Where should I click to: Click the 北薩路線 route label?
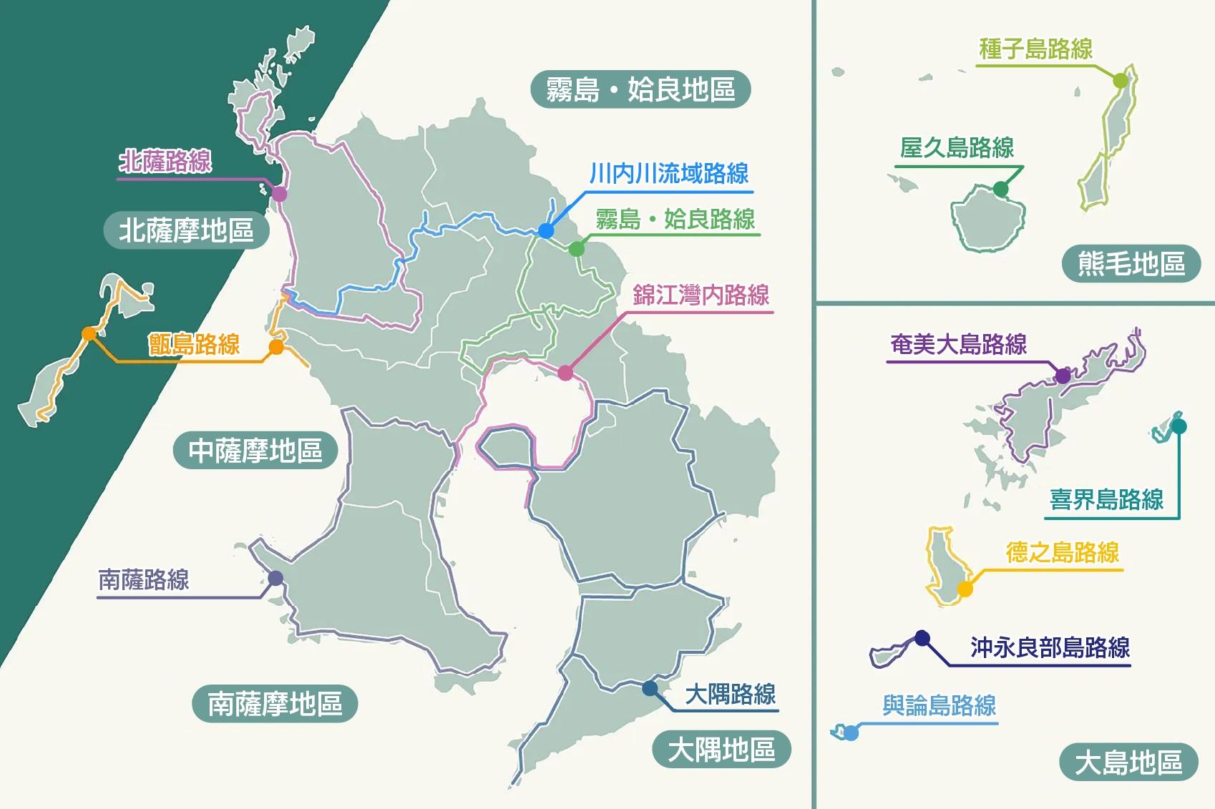tap(165, 161)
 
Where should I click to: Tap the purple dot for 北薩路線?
tap(279, 194)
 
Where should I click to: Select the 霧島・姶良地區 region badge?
tap(640, 89)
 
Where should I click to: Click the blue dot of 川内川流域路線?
tap(546, 230)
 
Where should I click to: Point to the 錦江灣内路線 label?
tap(701, 295)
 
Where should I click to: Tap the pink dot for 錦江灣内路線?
tap(565, 373)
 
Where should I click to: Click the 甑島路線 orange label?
tap(195, 344)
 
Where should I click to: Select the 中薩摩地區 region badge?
tap(255, 451)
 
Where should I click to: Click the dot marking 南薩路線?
tap(275, 578)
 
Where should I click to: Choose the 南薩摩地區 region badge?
tap(275, 704)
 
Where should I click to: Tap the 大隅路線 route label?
tap(730, 694)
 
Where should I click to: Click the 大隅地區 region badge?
tap(721, 750)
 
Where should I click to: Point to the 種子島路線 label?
tap(1035, 49)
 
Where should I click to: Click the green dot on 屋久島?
tap(1000, 190)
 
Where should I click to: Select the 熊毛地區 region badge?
tap(1131, 263)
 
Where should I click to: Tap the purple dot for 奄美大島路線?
tap(1063, 376)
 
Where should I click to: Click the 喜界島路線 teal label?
tap(1106, 499)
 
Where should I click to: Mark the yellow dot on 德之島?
tap(965, 589)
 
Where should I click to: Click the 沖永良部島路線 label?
tap(1050, 647)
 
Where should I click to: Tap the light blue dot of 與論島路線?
tap(851, 732)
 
